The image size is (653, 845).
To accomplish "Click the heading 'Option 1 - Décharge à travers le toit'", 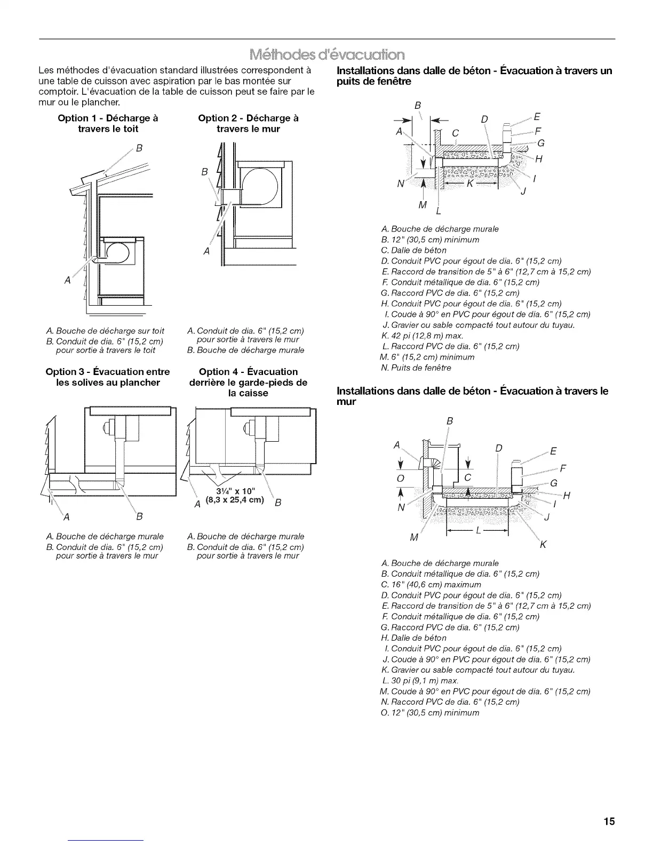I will [108, 123].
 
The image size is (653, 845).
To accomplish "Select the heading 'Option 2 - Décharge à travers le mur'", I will [248, 123].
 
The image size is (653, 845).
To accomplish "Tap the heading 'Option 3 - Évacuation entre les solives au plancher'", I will [108, 377].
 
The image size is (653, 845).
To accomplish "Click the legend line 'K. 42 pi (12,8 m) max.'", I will [423, 336].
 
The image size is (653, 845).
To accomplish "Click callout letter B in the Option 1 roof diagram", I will [138, 148].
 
